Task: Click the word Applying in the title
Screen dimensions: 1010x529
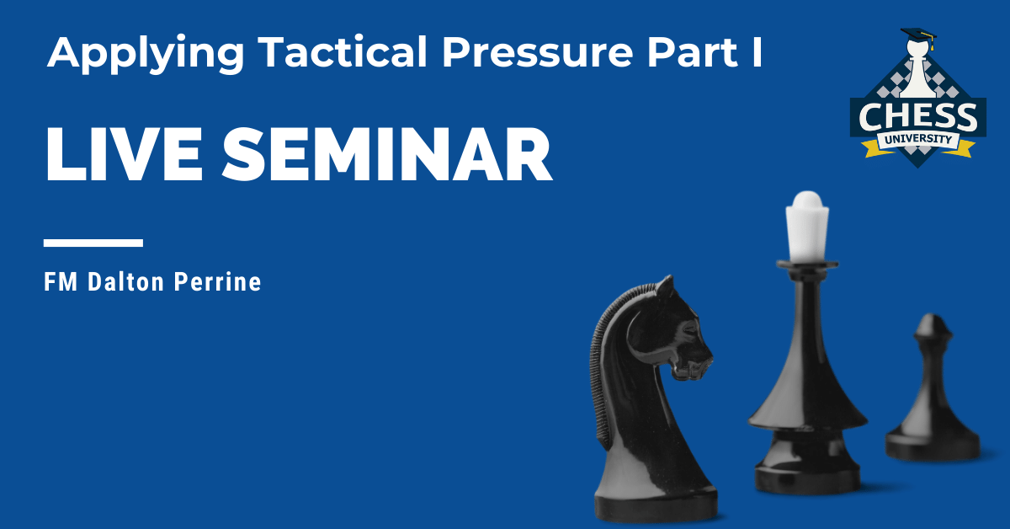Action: point(146,54)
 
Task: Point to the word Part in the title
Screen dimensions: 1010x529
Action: point(693,52)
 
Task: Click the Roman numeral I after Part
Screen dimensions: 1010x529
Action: point(757,52)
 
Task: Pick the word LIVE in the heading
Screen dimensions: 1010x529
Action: point(124,154)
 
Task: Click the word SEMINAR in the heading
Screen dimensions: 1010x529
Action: point(387,154)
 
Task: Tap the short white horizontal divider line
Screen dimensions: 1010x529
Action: point(93,243)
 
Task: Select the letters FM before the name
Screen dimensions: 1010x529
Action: point(61,282)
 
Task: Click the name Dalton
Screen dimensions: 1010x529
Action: point(125,282)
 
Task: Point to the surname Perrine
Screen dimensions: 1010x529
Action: point(218,282)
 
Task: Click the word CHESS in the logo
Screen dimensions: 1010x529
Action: point(918,116)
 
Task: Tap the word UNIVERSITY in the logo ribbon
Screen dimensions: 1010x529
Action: point(918,139)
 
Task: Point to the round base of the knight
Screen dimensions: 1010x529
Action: point(656,503)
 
